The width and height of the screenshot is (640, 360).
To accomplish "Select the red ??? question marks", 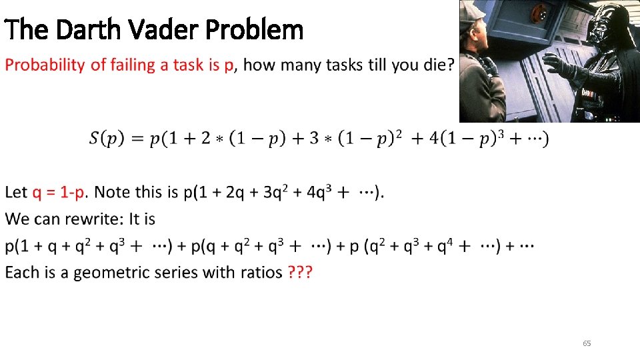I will click(x=301, y=273).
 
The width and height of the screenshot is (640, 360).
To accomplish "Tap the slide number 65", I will click(x=587, y=343).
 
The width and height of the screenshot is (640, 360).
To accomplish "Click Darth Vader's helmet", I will click(x=611, y=27).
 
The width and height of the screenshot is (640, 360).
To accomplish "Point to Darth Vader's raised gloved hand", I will click(x=557, y=64).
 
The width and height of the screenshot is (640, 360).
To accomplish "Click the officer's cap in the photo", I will click(x=472, y=10).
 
